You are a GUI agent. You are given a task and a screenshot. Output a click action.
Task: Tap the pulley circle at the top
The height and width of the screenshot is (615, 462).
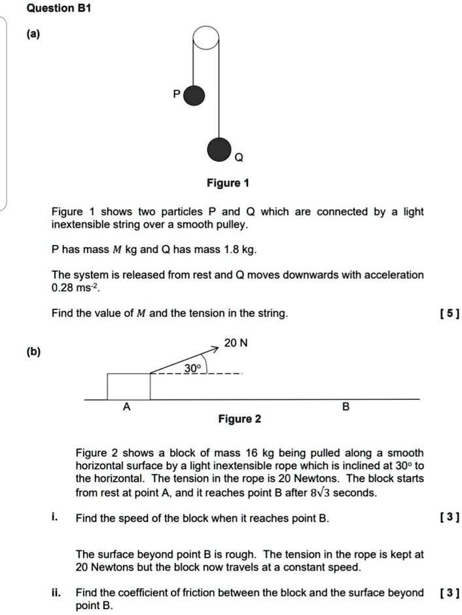coord(204,37)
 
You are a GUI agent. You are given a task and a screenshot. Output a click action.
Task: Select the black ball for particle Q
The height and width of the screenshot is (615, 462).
coord(219,149)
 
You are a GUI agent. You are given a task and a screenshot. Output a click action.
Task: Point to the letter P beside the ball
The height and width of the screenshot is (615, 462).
coord(176,95)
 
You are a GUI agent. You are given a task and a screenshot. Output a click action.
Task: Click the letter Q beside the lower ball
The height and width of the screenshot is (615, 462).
coord(238,158)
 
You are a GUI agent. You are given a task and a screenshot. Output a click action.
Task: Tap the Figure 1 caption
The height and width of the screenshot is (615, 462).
coord(228,183)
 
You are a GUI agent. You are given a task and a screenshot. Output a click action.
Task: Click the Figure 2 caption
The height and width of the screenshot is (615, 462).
coord(239,419)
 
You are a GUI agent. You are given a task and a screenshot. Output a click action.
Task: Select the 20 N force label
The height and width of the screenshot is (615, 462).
coord(235,343)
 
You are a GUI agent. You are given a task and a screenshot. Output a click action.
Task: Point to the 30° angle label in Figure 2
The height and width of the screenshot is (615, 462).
coord(192,369)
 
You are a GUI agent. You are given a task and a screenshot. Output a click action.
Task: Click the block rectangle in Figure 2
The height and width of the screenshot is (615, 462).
coord(128,386)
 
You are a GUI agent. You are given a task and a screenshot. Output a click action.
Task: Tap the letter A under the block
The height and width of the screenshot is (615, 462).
coord(127,407)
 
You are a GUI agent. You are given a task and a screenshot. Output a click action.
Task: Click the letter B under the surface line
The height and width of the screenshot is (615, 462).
coord(346,407)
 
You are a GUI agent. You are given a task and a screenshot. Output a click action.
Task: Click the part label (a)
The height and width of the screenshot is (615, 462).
coord(32,35)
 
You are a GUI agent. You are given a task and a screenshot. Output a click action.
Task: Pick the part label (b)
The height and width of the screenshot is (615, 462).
coord(32,352)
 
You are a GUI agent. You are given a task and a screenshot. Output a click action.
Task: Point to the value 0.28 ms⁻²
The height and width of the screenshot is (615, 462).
coord(73,288)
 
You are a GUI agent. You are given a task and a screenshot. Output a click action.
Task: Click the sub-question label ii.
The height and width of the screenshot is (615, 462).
coord(58,593)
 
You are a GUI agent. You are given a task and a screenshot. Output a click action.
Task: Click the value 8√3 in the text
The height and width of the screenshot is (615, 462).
coord(323,492)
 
